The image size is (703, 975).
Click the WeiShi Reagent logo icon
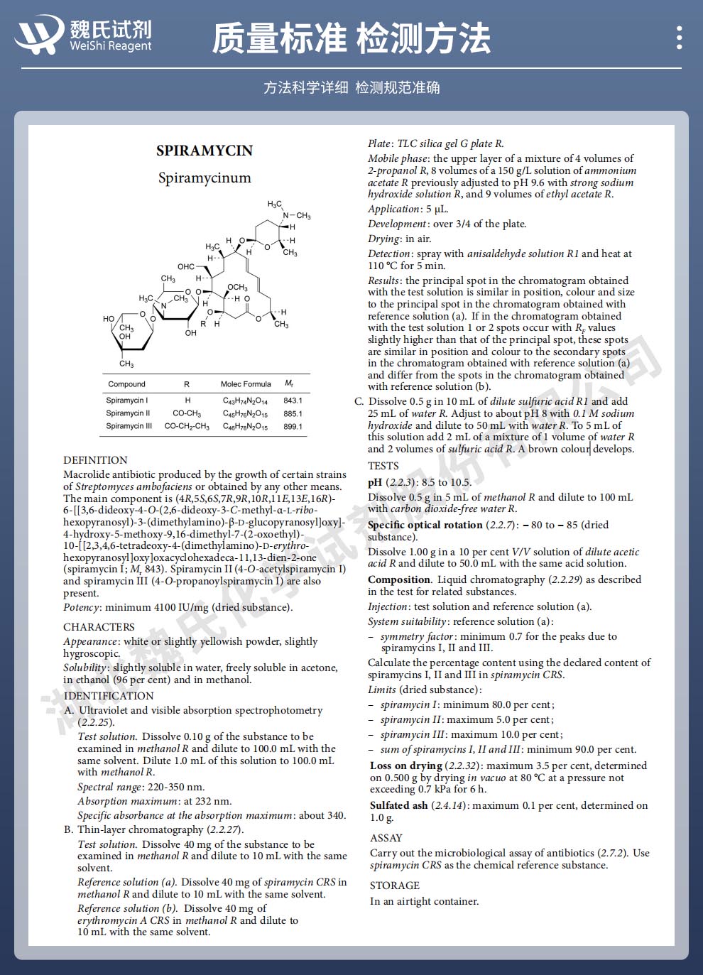(40, 35)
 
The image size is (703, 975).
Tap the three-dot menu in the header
(680, 38)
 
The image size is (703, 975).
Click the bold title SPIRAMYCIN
(205, 151)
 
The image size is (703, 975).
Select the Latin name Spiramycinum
(205, 178)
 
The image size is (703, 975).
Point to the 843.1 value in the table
(293, 401)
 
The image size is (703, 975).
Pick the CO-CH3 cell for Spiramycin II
(187, 413)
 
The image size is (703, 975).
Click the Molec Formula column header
(246, 384)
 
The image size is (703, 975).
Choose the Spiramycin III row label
(129, 426)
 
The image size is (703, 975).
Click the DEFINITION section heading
(95, 460)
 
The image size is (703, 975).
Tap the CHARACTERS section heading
(99, 627)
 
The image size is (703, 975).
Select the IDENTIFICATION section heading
(109, 696)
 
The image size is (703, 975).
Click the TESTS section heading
(383, 466)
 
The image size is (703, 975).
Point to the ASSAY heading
(386, 838)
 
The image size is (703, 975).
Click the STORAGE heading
(395, 886)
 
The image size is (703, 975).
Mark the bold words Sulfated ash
(398, 805)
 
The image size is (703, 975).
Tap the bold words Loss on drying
(406, 766)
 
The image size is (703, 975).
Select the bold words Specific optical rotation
(425, 525)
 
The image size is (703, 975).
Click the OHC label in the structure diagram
(186, 267)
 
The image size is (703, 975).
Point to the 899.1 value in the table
(293, 427)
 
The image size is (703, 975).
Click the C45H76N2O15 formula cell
(246, 414)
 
